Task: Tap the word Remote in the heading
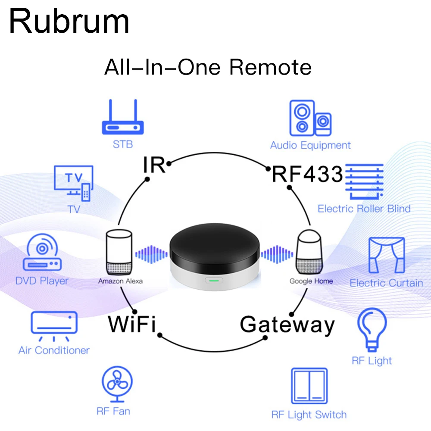(270, 68)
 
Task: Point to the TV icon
(73, 183)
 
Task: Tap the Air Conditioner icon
(54, 326)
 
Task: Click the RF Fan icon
(117, 384)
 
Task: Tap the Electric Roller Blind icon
(365, 181)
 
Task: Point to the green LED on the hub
(214, 281)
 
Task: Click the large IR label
(154, 166)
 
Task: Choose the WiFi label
(131, 324)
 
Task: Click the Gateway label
(287, 325)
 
